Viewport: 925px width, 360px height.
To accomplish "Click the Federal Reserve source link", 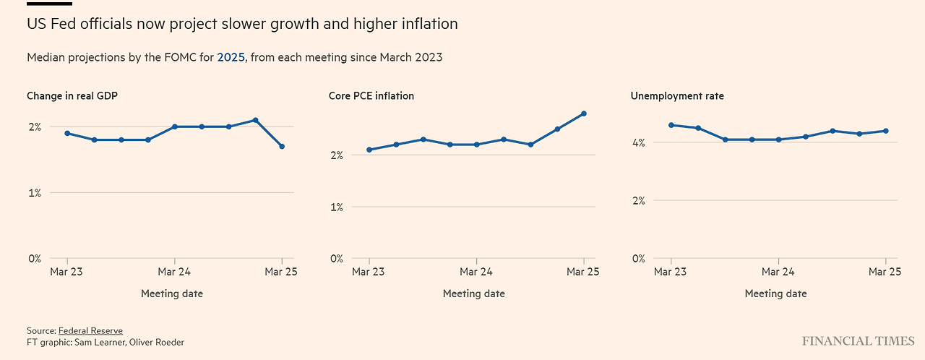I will pyautogui.click(x=90, y=330).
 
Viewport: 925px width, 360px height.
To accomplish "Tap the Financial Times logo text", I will pyautogui.click(x=858, y=340).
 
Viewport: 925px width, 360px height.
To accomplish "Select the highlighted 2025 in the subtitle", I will pyautogui.click(x=231, y=57).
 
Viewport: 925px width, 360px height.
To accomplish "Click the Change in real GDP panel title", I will pyautogui.click(x=72, y=95).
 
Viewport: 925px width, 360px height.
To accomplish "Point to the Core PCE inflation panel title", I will pyautogui.click(x=371, y=95).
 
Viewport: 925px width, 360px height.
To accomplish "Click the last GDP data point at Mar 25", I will pyautogui.click(x=282, y=147).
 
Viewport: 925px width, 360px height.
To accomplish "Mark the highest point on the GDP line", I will pyautogui.click(x=255, y=120).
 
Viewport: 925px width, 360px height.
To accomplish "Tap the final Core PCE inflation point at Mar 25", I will pyautogui.click(x=584, y=113).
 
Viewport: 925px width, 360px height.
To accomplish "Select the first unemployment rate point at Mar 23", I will pyautogui.click(x=671, y=125).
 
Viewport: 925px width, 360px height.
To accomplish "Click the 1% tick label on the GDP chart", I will pyautogui.click(x=34, y=193).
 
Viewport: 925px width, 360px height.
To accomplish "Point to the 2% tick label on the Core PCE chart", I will pyautogui.click(x=336, y=155).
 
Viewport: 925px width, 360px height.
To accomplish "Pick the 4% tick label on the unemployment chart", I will pyautogui.click(x=638, y=142).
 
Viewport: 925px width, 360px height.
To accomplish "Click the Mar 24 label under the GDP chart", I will pyautogui.click(x=174, y=272).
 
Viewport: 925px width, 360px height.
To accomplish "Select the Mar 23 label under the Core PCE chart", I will pyautogui.click(x=369, y=272).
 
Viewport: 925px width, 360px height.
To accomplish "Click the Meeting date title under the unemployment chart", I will pyautogui.click(x=775, y=293).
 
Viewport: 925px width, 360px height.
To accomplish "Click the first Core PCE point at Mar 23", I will pyautogui.click(x=369, y=150).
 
